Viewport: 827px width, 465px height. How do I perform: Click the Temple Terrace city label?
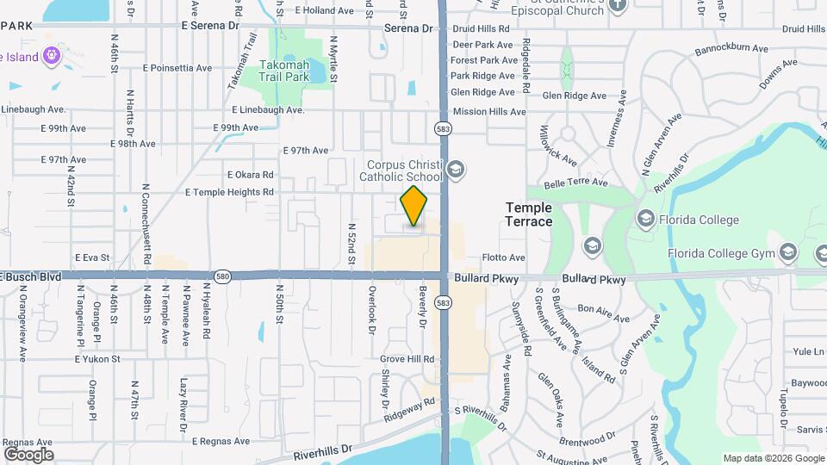point(529,214)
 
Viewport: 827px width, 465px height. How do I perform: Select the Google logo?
point(28,455)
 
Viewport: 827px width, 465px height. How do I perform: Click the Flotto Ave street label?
point(504,257)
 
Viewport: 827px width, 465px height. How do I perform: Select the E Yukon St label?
point(97,358)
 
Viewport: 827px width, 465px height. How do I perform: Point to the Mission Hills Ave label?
point(489,111)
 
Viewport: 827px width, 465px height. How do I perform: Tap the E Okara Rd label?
point(250,175)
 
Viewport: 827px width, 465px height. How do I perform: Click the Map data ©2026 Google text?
point(773,458)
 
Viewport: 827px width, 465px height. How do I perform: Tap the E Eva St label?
point(93,257)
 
